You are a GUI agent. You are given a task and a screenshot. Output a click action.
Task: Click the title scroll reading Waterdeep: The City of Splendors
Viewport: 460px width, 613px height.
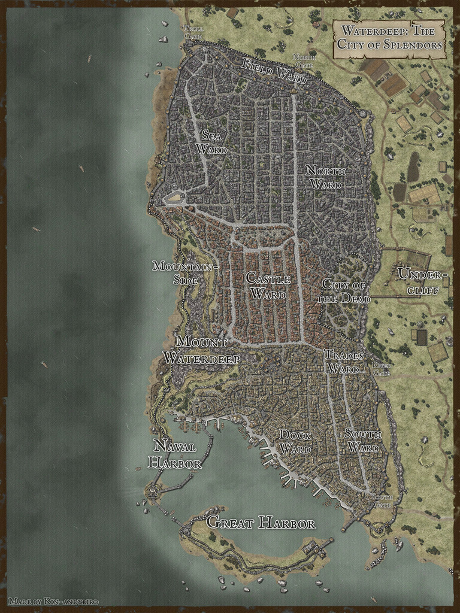pyautogui.click(x=389, y=38)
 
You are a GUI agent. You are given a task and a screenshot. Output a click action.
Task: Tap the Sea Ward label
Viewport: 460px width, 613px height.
pyautogui.click(x=214, y=142)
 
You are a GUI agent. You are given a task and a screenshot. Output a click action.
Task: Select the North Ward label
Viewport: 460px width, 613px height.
pyautogui.click(x=323, y=177)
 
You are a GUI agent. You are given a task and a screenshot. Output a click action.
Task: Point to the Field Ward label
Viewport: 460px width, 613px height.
pyautogui.click(x=273, y=71)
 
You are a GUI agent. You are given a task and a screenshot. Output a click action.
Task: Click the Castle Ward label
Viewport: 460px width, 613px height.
pyautogui.click(x=268, y=286)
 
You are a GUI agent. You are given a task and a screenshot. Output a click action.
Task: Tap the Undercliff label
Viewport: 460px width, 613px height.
pyautogui.click(x=423, y=282)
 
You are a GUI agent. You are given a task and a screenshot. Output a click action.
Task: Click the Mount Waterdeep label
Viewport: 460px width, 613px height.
pyautogui.click(x=201, y=350)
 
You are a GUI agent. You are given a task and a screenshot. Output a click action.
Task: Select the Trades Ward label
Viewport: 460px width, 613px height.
pyautogui.click(x=344, y=362)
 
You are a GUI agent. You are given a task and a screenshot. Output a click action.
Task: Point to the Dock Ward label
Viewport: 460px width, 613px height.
pyautogui.click(x=295, y=442)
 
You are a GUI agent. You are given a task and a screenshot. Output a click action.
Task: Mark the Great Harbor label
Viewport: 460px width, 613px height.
pyautogui.click(x=261, y=523)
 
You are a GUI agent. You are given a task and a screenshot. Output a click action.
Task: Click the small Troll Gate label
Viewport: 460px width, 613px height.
pyautogui.click(x=193, y=32)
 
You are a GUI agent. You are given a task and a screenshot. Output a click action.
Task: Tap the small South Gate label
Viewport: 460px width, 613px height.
pyautogui.click(x=382, y=500)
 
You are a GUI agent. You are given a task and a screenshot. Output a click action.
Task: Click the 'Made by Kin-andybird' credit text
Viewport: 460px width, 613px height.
pyautogui.click(x=54, y=600)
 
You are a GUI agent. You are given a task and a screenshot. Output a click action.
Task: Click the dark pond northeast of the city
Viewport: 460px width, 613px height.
pyautogui.click(x=413, y=166)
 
